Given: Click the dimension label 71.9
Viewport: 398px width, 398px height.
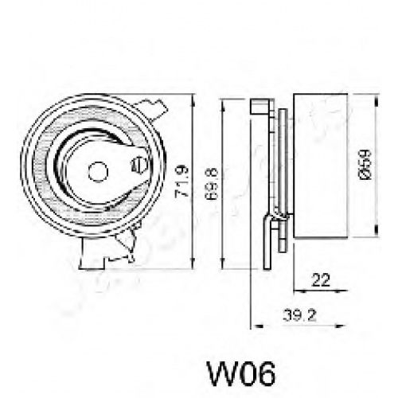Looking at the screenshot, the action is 182,181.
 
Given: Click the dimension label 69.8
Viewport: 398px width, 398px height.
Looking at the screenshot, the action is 213,184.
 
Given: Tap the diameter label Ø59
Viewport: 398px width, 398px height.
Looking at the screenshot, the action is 365,166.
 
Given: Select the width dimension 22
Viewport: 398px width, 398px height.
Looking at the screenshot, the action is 321,279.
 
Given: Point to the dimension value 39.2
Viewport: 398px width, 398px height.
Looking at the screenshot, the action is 300,316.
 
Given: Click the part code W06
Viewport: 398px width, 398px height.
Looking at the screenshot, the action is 241,374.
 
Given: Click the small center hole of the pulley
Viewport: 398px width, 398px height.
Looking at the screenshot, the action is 98,172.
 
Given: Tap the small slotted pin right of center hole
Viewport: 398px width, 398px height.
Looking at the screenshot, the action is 139,165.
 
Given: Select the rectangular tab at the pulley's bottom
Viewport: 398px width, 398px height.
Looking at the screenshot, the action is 92,254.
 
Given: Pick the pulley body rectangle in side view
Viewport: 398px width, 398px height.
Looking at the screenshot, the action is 321,166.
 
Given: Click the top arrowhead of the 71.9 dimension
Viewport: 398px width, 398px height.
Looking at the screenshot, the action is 193,99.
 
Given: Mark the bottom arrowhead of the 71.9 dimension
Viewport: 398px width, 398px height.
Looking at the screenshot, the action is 193,264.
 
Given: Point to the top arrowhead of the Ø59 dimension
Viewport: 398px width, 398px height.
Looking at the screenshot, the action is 376,101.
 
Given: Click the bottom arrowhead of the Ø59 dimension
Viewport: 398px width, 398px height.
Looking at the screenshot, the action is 376,229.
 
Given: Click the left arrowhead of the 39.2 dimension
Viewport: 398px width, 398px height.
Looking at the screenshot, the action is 257,326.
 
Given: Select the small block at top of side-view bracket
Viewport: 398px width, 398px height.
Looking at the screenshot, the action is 262,107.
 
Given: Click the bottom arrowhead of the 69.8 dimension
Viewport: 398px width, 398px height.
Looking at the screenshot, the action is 223,264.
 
